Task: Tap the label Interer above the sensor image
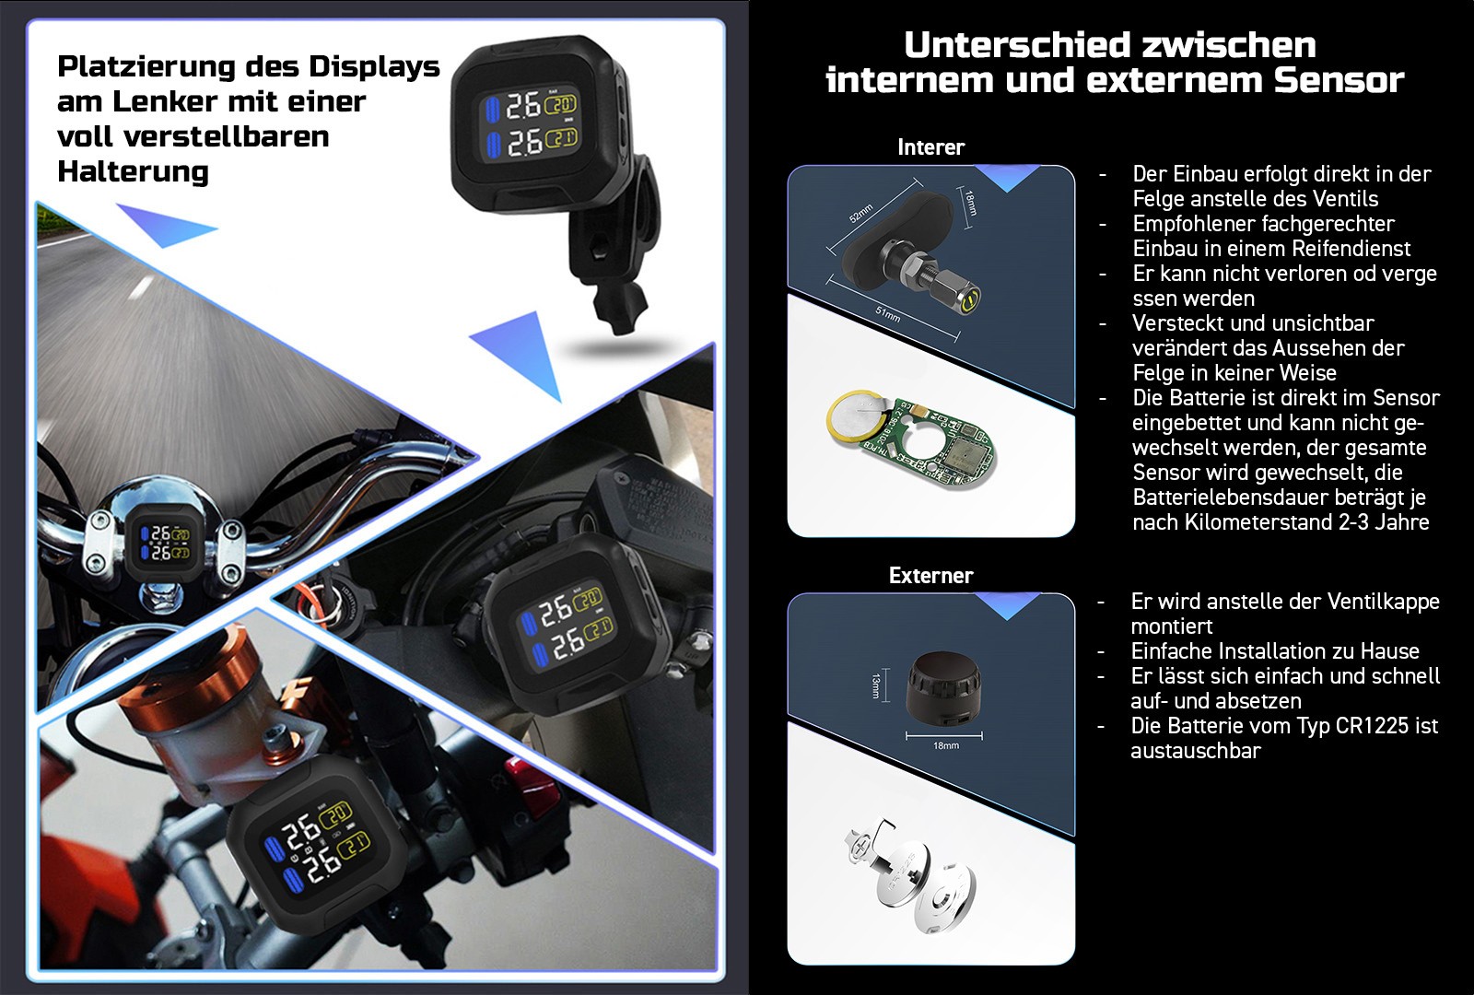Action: coord(930,146)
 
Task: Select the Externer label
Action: coord(930,575)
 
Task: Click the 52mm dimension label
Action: coord(860,213)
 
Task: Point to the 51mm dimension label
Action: coord(888,314)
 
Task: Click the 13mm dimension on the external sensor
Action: coord(876,685)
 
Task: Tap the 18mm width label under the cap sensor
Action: coord(945,745)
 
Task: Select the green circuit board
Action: coord(934,444)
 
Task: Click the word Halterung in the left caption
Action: coord(133,171)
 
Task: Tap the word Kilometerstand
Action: coord(1258,522)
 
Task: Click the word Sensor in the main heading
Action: coord(1339,80)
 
